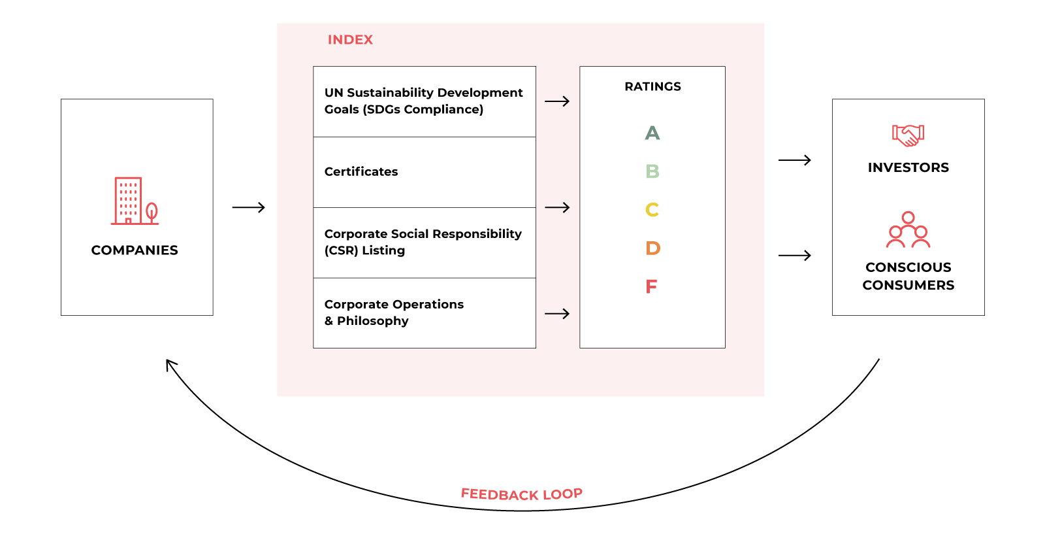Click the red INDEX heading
(x=350, y=40)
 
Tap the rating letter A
(x=652, y=133)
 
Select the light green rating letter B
(x=652, y=171)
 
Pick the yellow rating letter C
(x=652, y=210)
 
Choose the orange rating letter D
(x=652, y=248)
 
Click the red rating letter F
(x=651, y=287)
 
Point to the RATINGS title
(x=652, y=87)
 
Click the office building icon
(x=128, y=201)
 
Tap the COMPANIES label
(x=135, y=250)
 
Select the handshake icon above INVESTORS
(x=908, y=135)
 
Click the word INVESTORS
(x=908, y=168)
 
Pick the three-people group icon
(x=908, y=229)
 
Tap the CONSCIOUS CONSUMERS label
(x=908, y=277)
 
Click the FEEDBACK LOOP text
(x=521, y=494)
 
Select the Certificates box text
(x=361, y=172)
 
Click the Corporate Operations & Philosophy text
(x=394, y=313)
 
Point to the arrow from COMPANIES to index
(x=248, y=208)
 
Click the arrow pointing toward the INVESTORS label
(x=794, y=160)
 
